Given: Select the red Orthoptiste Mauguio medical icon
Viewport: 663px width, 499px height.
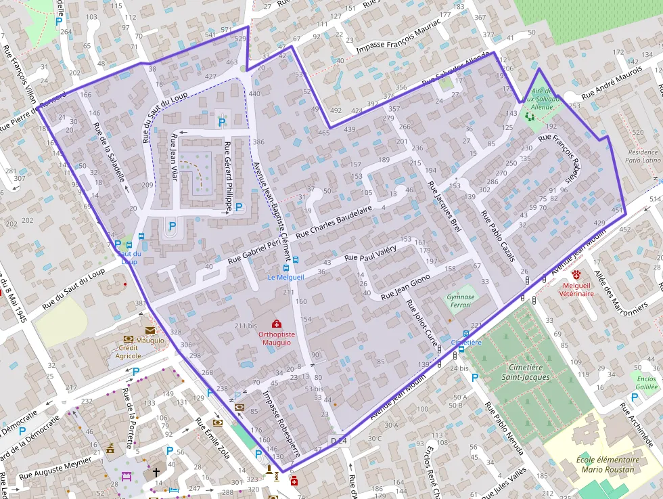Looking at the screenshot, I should pos(276,324).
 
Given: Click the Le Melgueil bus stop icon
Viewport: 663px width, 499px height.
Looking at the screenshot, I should pos(295,260).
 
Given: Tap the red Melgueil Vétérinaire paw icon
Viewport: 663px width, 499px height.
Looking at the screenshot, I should pos(576,275).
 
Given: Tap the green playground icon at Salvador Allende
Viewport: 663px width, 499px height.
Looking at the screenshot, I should pos(529,116).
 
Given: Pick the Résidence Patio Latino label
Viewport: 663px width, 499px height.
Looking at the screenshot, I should pos(642,156).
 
